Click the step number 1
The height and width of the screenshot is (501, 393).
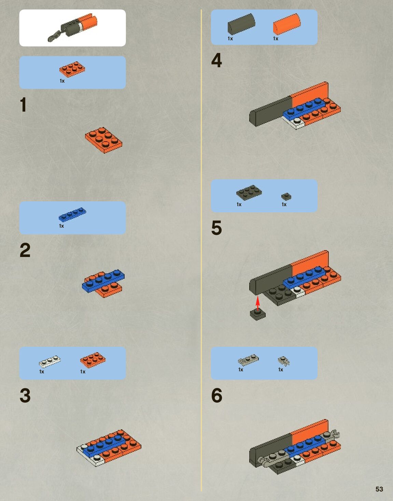pyautogui.click(x=23, y=105)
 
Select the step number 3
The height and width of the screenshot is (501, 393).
pyautogui.click(x=25, y=396)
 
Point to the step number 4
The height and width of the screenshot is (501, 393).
pyautogui.click(x=216, y=60)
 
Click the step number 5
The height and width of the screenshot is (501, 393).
pyautogui.click(x=216, y=228)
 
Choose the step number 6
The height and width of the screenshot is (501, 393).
pyautogui.click(x=216, y=396)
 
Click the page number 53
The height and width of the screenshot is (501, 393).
pyautogui.click(x=379, y=489)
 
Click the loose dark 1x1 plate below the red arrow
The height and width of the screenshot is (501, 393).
pyautogui.click(x=257, y=314)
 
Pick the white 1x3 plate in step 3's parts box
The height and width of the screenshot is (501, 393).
pyautogui.click(x=50, y=361)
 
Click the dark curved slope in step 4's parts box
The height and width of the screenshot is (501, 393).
pyautogui.click(x=241, y=24)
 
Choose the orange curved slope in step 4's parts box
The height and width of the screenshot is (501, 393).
pyautogui.click(x=287, y=24)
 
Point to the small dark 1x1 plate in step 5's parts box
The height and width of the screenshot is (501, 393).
pyautogui.click(x=286, y=197)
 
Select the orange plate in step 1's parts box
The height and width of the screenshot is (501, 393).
pyautogui.click(x=72, y=69)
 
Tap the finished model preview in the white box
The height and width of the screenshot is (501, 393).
pyautogui.click(x=72, y=28)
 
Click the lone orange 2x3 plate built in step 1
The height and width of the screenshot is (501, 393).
pyautogui.click(x=104, y=140)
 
